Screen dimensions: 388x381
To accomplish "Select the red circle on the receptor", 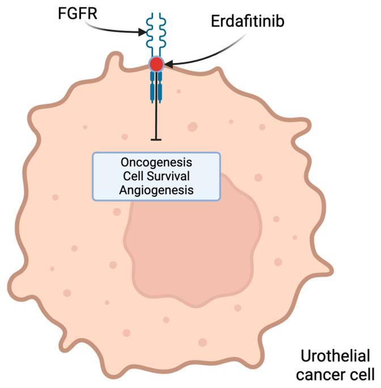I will click(156, 64).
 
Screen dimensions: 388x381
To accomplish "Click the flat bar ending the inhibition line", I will click(156, 140).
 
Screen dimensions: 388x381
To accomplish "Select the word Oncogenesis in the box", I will click(156, 164).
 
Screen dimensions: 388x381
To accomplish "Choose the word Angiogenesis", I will click(156, 190).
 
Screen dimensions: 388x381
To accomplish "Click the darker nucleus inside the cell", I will click(193, 238).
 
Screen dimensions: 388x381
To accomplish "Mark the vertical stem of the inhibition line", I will click(156, 119).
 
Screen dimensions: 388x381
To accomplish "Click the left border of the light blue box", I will click(93, 176).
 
